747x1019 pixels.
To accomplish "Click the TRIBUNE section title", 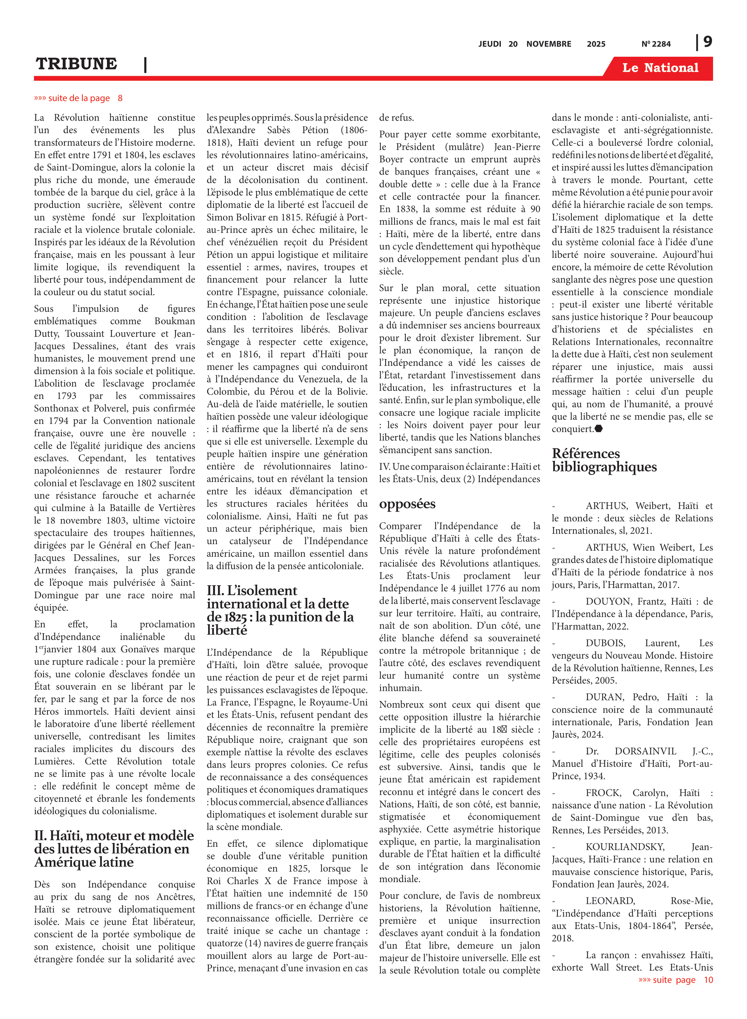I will pos(76,64).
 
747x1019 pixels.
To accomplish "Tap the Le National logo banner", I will pos(660,68).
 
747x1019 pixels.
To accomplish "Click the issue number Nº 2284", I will pos(656,44).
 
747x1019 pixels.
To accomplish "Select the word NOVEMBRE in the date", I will pos(548,44).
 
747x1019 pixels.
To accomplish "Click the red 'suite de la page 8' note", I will pos(78,98).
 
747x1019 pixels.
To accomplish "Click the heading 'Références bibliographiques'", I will pos(604,460).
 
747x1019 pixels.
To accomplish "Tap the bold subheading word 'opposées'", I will pos(407,504).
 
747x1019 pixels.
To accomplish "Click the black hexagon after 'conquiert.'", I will pos(599,429).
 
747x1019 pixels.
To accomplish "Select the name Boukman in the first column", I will pos(175,321).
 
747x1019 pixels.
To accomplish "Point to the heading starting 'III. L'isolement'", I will pos(252,591).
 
